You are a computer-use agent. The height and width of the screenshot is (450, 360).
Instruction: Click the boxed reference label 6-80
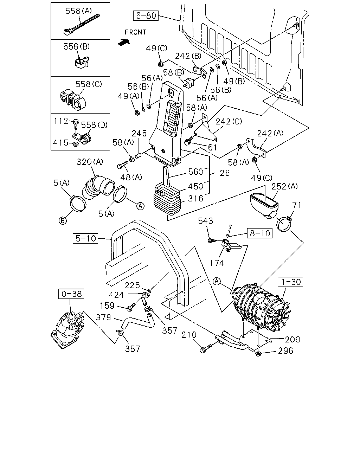pos(146,16)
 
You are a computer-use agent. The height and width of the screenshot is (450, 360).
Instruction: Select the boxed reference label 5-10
pos(85,238)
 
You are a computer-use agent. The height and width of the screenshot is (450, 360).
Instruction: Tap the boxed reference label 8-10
pos(260,233)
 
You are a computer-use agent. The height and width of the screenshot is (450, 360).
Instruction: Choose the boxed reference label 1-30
pos(290,282)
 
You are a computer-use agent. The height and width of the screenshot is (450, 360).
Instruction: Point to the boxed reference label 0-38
pos(71,294)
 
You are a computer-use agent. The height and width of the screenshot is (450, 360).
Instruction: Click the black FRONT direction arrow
pos(124,42)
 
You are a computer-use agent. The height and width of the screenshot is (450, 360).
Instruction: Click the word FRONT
pos(135,32)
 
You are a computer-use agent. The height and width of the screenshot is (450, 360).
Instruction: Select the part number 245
pos(139,133)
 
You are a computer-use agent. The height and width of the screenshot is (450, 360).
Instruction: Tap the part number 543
pos(205,221)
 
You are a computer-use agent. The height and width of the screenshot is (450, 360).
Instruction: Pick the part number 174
pos(217,263)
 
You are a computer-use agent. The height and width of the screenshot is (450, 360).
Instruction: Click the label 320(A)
pos(90,162)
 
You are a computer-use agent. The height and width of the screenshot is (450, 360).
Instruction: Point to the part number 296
pos(285,351)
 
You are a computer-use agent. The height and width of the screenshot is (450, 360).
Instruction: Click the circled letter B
pos(63,221)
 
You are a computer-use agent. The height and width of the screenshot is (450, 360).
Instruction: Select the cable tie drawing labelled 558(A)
pos(82,25)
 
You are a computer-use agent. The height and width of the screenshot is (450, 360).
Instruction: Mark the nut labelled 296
pos(258,354)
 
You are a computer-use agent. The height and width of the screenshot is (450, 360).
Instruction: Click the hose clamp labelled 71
pos(284,224)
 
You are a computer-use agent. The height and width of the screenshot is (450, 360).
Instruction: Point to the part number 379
pos(103,317)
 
